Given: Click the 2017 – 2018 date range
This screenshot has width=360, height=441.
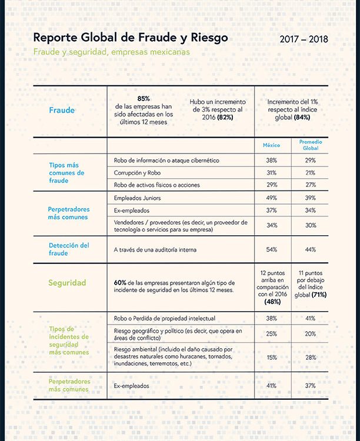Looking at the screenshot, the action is [x=304, y=39].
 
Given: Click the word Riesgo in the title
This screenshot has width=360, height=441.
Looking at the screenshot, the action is [x=209, y=38].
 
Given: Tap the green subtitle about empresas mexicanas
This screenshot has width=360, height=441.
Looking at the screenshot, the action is [x=111, y=52].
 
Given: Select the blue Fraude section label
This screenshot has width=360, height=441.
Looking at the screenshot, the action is [x=62, y=110].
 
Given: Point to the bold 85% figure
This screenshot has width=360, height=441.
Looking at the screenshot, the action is [x=144, y=99].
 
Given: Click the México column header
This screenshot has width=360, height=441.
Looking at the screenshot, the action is [x=271, y=145].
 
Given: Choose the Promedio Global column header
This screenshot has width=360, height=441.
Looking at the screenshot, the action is [x=311, y=145].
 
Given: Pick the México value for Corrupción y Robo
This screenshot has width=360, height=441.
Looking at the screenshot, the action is [x=272, y=173].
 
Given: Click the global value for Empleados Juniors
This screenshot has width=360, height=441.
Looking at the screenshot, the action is [x=311, y=198].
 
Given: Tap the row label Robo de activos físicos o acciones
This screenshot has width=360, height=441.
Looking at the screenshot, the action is [x=157, y=185].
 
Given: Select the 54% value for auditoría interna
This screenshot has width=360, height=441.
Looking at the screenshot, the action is [x=272, y=249].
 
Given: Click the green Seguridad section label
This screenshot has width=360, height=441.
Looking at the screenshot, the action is [x=67, y=283].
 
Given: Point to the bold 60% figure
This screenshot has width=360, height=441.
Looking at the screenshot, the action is [x=120, y=283].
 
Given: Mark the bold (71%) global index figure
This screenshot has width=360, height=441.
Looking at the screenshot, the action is [x=319, y=295].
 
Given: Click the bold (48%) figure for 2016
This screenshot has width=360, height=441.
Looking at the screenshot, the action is [x=272, y=302].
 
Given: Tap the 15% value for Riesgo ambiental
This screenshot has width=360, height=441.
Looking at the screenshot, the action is [x=272, y=358].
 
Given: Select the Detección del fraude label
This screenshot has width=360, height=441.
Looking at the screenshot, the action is [x=69, y=249].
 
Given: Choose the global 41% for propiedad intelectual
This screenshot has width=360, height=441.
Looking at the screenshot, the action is [x=311, y=318].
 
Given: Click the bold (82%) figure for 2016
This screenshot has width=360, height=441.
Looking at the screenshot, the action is [x=225, y=117].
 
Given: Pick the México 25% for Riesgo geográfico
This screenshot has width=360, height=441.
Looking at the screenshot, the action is [x=272, y=334].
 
